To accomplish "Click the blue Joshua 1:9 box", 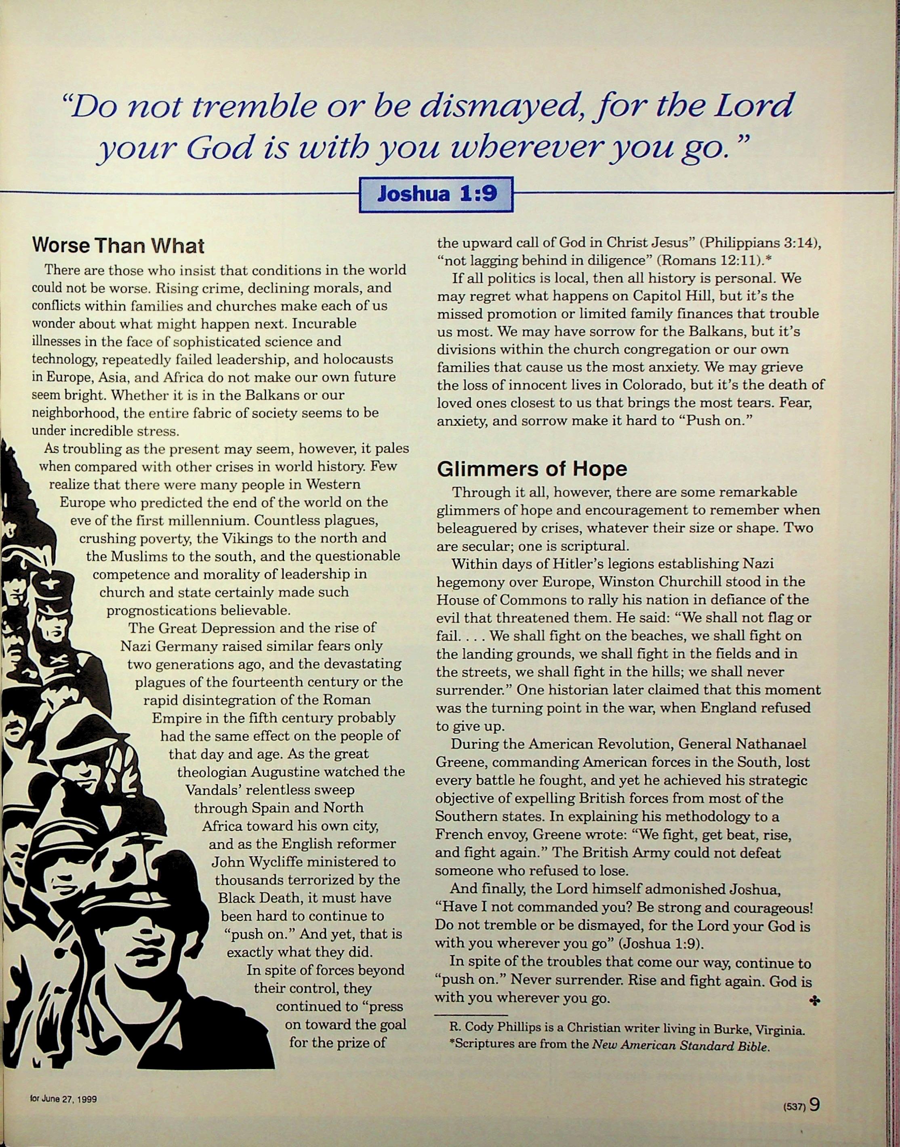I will [436, 194].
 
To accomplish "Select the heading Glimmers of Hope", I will [532, 468].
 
